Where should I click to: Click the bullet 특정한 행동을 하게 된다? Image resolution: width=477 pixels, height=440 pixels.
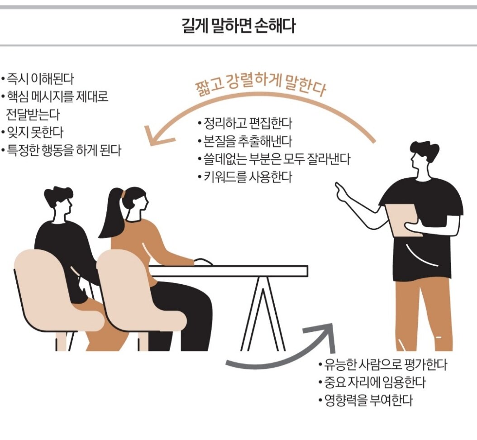[x=64, y=150]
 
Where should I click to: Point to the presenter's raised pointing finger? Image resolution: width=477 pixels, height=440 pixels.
[x=338, y=186]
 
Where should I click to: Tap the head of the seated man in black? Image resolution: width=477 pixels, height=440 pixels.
[x=59, y=201]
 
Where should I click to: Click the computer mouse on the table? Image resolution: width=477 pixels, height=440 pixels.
[x=203, y=262]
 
